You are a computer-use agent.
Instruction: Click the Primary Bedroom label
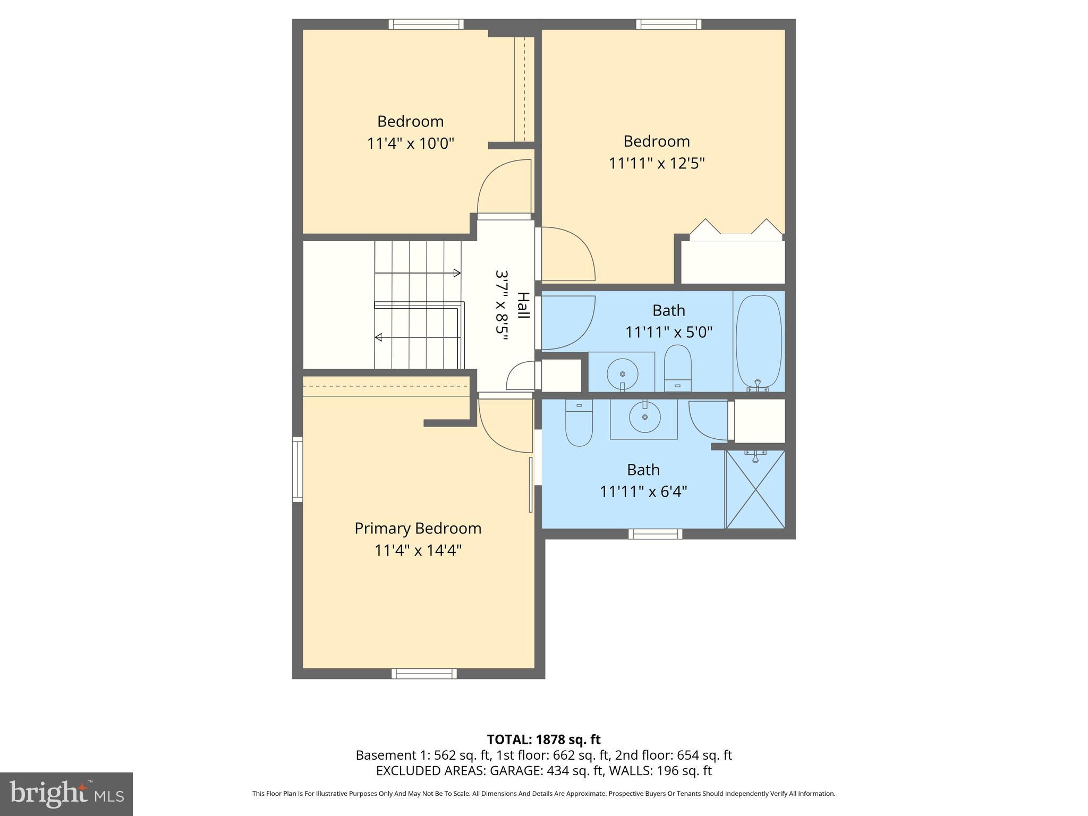[418, 528]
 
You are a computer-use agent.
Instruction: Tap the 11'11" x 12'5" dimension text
[657, 163]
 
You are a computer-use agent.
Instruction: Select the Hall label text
[523, 305]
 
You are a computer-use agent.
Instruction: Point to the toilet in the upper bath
[677, 368]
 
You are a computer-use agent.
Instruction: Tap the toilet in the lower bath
[579, 423]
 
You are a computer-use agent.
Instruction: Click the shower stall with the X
[755, 489]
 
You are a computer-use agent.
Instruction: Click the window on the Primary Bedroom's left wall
[297, 469]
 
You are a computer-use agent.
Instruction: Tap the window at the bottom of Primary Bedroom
[424, 674]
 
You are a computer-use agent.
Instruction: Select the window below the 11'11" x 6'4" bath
[655, 534]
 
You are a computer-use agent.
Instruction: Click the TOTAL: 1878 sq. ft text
[543, 739]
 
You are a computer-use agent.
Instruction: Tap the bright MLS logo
[66, 794]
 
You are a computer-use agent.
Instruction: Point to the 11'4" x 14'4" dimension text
[418, 550]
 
